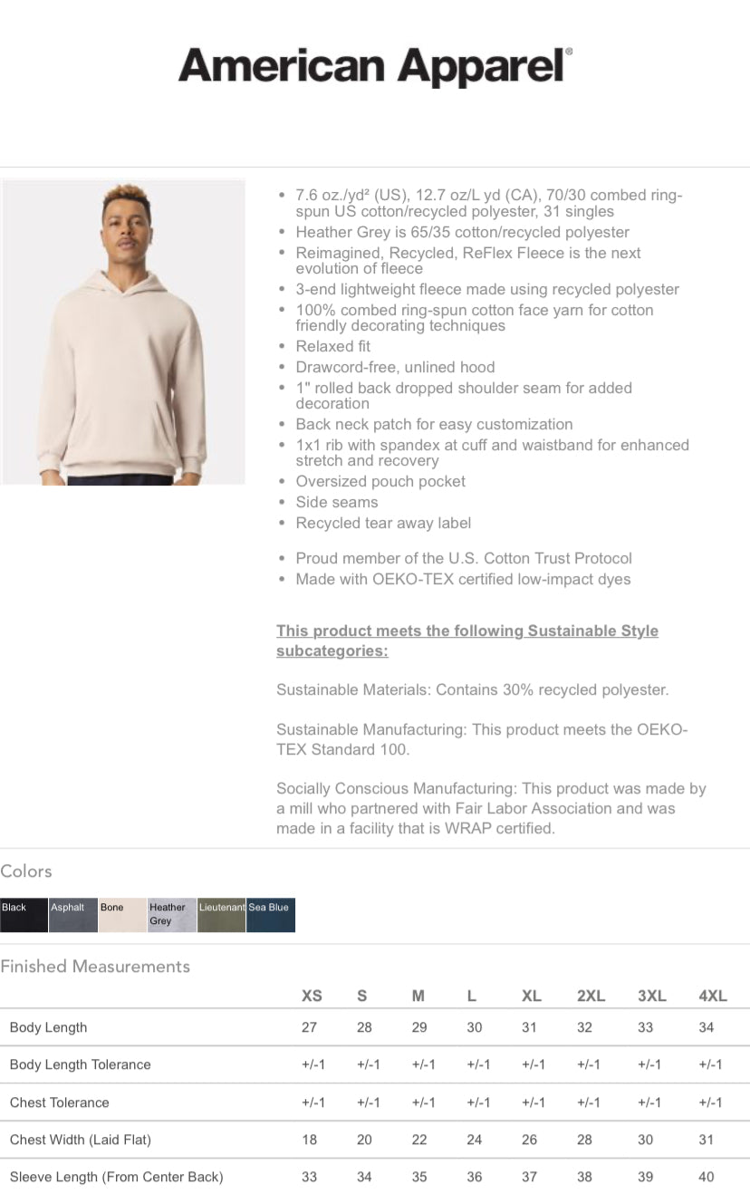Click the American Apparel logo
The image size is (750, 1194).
375,65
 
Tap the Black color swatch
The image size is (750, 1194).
24,915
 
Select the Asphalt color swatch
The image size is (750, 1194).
73,915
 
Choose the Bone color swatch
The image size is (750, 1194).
122,915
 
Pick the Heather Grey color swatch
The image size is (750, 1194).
172,915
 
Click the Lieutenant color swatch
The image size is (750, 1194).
221,915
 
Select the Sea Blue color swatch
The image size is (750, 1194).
271,915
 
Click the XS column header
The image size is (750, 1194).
312,996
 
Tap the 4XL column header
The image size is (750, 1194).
713,996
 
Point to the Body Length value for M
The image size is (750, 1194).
419,1027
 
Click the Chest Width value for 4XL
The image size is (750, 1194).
707,1140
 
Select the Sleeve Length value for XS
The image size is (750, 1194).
310,1177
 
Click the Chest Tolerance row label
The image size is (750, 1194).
59,1103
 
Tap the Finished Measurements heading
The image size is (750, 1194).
95,967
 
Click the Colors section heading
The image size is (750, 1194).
26,871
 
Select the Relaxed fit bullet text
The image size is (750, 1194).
332,346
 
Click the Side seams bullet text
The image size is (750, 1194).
336,502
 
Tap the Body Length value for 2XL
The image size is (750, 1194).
585,1027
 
